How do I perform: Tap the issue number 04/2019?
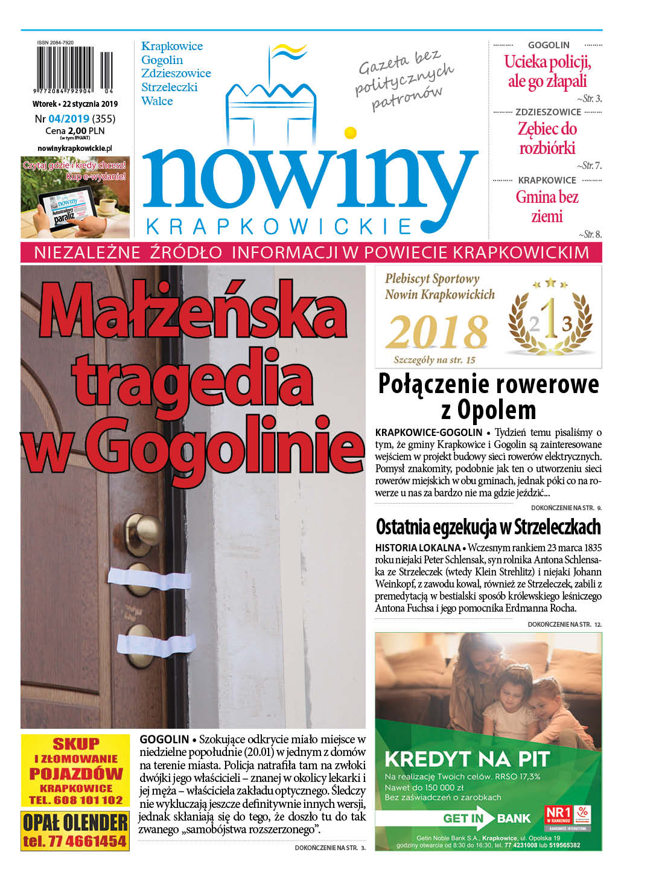pos(69,119)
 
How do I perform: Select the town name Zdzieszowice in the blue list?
pos(176,74)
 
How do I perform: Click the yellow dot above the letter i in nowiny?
pos(350,132)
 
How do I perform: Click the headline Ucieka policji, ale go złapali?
pos(547,71)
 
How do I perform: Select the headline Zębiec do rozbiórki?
pos(547,138)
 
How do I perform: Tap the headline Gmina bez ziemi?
pos(547,206)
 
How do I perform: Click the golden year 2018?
pos(437,332)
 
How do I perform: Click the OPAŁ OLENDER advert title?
pos(75,822)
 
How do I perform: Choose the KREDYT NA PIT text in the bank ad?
pos(466,759)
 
